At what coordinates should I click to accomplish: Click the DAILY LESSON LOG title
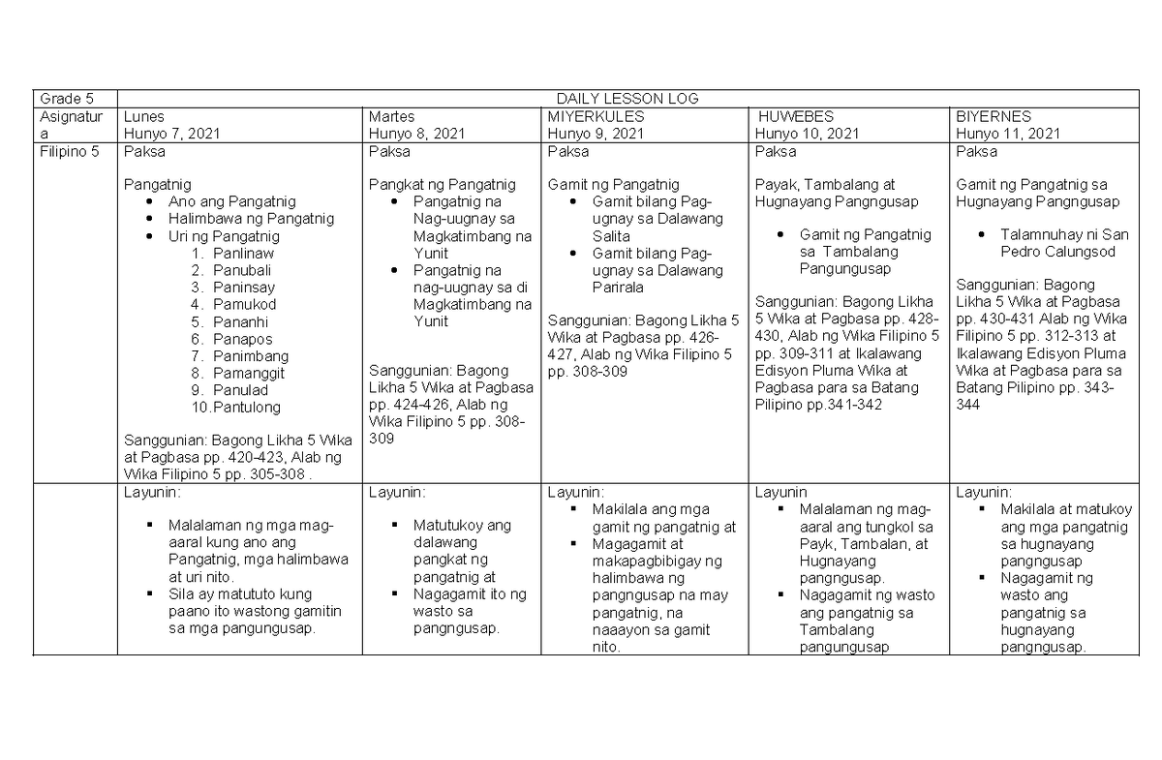point(627,99)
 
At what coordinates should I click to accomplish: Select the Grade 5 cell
point(60,99)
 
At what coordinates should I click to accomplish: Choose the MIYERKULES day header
point(596,116)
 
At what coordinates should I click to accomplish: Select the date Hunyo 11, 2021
point(1008,134)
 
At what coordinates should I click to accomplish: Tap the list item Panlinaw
point(243,253)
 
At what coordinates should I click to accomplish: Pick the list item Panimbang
point(251,356)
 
